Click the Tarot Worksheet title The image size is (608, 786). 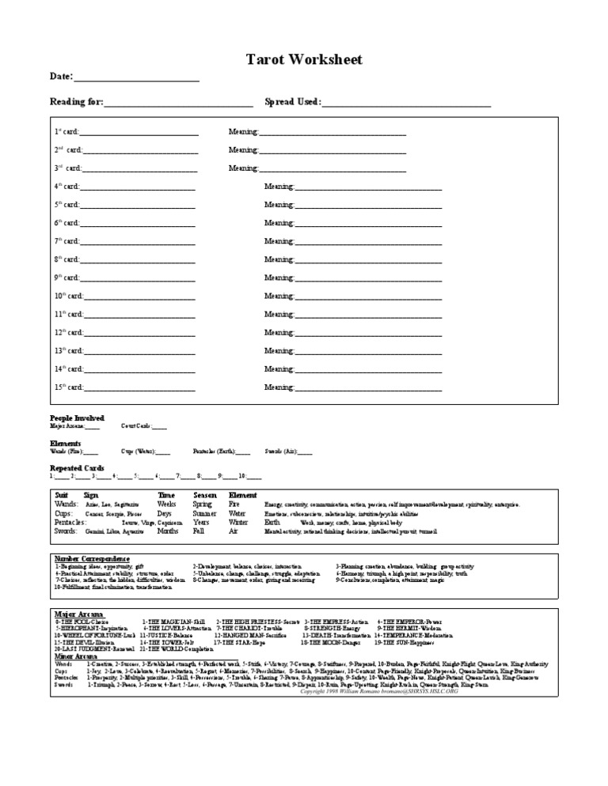pyautogui.click(x=304, y=61)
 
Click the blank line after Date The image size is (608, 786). pyautogui.click(x=135, y=78)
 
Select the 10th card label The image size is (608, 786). pyautogui.click(x=68, y=297)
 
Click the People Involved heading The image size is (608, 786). pyautogui.click(x=77, y=418)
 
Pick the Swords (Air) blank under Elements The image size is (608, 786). pyautogui.click(x=304, y=452)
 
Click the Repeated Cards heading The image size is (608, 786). pyautogui.click(x=76, y=468)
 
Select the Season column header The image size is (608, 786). pyautogui.click(x=205, y=495)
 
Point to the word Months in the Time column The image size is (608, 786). pyautogui.click(x=168, y=531)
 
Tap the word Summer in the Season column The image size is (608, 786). pyautogui.click(x=205, y=513)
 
